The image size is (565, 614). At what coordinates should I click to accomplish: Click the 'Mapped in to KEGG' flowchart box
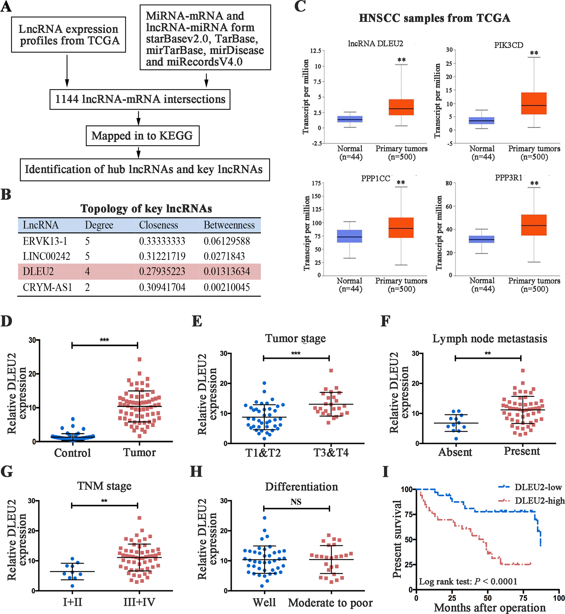pyautogui.click(x=142, y=135)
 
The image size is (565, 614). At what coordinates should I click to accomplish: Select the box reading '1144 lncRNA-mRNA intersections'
pyautogui.click(x=140, y=99)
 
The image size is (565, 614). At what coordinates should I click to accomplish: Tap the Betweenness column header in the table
pyautogui.click(x=229, y=225)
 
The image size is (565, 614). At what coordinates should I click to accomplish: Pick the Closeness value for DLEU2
pyautogui.click(x=162, y=271)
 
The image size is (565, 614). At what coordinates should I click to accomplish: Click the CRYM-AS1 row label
pyautogui.click(x=47, y=287)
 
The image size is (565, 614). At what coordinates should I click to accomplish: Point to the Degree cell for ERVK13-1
pyautogui.click(x=87, y=241)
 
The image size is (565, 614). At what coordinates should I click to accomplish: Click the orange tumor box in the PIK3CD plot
pyautogui.click(x=534, y=103)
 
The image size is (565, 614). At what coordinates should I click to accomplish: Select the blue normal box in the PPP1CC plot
pyautogui.click(x=350, y=236)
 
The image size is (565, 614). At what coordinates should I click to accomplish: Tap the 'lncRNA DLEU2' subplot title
pyautogui.click(x=375, y=44)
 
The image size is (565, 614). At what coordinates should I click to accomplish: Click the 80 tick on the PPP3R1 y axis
pyautogui.click(x=449, y=184)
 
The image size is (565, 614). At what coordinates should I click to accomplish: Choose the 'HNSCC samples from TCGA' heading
pyautogui.click(x=434, y=18)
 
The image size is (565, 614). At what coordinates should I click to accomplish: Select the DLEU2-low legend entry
pyautogui.click(x=538, y=487)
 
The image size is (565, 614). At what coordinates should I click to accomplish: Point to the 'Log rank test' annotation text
pyautogui.click(x=468, y=581)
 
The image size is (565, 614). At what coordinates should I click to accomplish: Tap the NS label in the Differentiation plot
pyautogui.click(x=296, y=502)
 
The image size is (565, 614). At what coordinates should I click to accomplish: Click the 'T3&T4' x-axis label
pyautogui.click(x=331, y=452)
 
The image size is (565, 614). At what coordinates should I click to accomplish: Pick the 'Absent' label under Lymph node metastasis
pyautogui.click(x=455, y=452)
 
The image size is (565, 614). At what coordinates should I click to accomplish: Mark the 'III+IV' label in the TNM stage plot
pyautogui.click(x=139, y=602)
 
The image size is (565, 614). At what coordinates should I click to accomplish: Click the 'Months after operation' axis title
pyautogui.click(x=490, y=607)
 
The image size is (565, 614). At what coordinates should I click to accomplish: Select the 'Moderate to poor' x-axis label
pyautogui.click(x=330, y=603)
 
